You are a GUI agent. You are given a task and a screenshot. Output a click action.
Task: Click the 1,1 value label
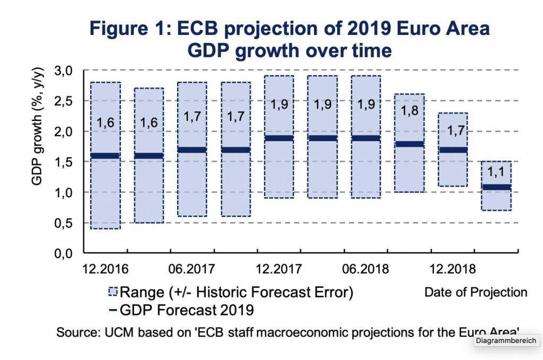(496, 172)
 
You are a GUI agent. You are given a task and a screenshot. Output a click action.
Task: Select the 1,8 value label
(409, 111)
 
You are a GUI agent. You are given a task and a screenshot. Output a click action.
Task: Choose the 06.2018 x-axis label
(366, 268)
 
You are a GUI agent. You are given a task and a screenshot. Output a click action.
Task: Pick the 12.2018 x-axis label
(453, 268)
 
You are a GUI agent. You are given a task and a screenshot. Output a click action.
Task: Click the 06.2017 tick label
(191, 268)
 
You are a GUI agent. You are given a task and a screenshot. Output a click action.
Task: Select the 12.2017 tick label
(278, 268)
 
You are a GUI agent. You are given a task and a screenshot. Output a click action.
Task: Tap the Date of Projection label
(476, 292)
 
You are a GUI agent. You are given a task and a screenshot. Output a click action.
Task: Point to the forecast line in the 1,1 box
(496, 187)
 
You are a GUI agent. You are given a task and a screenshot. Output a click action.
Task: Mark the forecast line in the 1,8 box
(409, 144)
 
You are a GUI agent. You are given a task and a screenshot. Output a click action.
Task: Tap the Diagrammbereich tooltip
(506, 341)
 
